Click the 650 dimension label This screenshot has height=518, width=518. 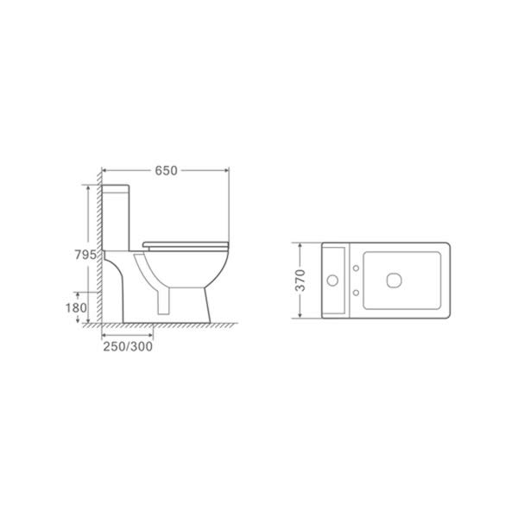(x=166, y=170)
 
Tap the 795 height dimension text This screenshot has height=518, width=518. (x=85, y=255)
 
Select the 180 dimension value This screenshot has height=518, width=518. (x=76, y=308)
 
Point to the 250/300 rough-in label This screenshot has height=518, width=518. (x=128, y=346)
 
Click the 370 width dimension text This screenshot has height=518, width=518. (x=300, y=280)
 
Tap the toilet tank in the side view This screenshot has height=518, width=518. (x=116, y=218)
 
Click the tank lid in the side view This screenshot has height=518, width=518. (x=116, y=188)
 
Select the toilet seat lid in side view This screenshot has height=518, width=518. (x=186, y=245)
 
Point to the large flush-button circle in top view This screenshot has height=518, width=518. (x=332, y=281)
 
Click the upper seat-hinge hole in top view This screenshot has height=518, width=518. (x=356, y=268)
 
